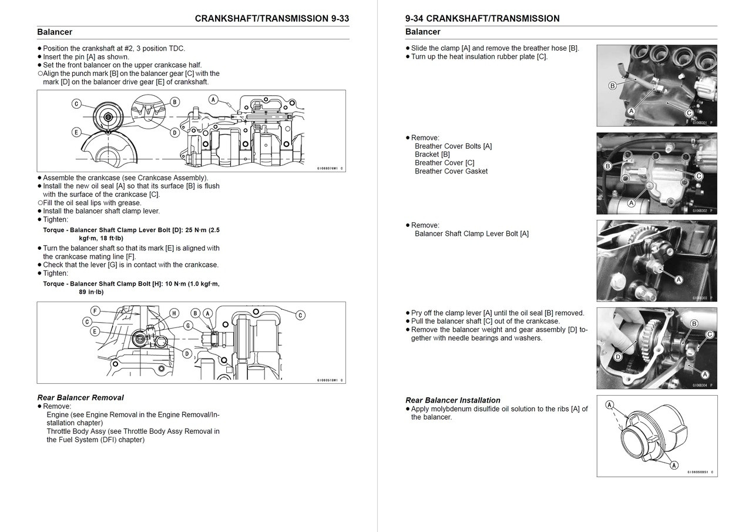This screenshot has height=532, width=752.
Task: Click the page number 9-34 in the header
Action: point(418,19)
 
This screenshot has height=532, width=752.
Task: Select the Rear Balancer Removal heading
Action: point(80,398)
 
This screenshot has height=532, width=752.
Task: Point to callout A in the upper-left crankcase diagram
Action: point(213,99)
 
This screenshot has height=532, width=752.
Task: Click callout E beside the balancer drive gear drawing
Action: point(76,132)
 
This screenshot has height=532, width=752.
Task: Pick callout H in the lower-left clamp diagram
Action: point(174,313)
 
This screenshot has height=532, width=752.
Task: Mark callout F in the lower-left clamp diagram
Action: point(95,311)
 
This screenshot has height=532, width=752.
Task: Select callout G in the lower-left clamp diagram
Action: point(188,325)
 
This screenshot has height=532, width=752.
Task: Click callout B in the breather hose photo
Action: point(612,86)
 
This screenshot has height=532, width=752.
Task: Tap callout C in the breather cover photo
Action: point(699,176)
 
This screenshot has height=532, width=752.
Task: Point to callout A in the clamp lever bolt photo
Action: point(679,280)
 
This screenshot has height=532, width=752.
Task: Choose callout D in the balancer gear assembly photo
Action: point(617,357)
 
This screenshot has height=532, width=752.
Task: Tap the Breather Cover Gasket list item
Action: point(451,172)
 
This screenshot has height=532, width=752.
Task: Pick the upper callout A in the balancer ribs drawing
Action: point(610,405)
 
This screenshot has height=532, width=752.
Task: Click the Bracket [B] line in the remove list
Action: point(432,155)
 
